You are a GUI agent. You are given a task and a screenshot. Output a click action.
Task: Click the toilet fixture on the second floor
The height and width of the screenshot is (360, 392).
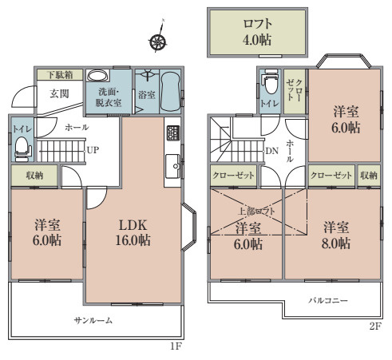tap(270, 85)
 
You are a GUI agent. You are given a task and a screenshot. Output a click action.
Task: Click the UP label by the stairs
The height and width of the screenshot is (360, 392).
tap(93, 149)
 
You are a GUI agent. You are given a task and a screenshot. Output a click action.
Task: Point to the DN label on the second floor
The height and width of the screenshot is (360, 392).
tap(271, 150)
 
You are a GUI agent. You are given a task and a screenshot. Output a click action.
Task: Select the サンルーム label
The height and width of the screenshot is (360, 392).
tap(93, 321)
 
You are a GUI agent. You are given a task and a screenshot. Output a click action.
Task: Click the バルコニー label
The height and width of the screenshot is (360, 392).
tap(328, 301)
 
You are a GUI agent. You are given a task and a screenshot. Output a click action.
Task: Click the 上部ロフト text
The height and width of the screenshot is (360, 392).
tap(255, 212)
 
